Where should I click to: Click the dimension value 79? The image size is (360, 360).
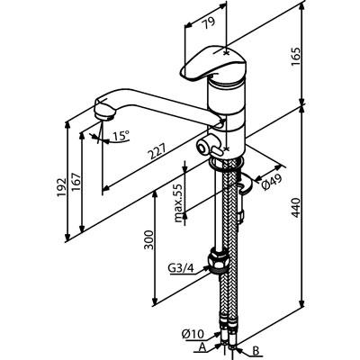[210, 23]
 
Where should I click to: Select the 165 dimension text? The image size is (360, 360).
[295, 57]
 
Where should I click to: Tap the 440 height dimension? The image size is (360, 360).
[295, 207]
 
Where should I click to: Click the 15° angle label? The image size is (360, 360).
[121, 136]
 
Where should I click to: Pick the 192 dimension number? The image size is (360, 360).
[62, 187]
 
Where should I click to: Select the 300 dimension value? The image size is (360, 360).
[148, 239]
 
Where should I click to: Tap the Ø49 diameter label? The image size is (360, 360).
[272, 182]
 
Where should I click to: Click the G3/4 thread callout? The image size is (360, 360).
[180, 269]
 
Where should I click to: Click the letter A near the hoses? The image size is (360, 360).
[202, 347]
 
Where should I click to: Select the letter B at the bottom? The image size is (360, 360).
[256, 350]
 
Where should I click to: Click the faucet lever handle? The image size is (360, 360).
[213, 65]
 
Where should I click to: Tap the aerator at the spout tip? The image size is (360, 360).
[103, 114]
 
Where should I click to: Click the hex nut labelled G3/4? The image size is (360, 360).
[217, 261]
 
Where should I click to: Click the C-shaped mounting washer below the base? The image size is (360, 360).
[245, 184]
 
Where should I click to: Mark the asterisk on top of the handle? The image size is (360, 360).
[226, 53]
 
